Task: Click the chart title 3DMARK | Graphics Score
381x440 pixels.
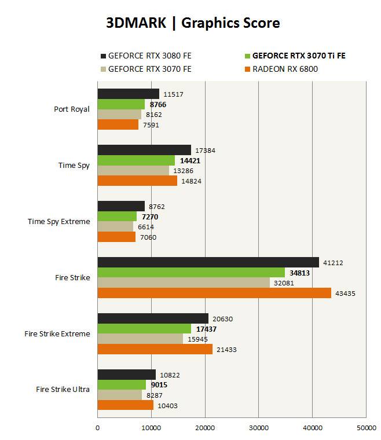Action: click(193, 23)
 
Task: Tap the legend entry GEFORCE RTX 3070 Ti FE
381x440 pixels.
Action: click(298, 56)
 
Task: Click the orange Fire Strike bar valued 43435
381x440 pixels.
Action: click(214, 293)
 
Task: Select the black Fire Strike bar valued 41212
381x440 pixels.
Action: click(208, 263)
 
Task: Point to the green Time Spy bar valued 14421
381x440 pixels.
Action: click(136, 160)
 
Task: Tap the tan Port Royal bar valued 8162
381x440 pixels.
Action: click(119, 115)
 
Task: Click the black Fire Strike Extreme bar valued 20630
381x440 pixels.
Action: click(153, 318)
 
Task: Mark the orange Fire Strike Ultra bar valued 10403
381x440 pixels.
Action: click(126, 405)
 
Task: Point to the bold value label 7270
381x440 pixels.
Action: click(149, 217)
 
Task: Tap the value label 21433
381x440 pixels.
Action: click(226, 349)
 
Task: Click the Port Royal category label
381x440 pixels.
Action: click(72, 109)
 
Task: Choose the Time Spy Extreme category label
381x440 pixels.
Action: click(59, 221)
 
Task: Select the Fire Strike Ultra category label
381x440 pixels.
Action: click(63, 389)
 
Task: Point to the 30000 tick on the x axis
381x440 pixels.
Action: click(258, 428)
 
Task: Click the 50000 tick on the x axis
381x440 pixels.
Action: click(366, 428)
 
